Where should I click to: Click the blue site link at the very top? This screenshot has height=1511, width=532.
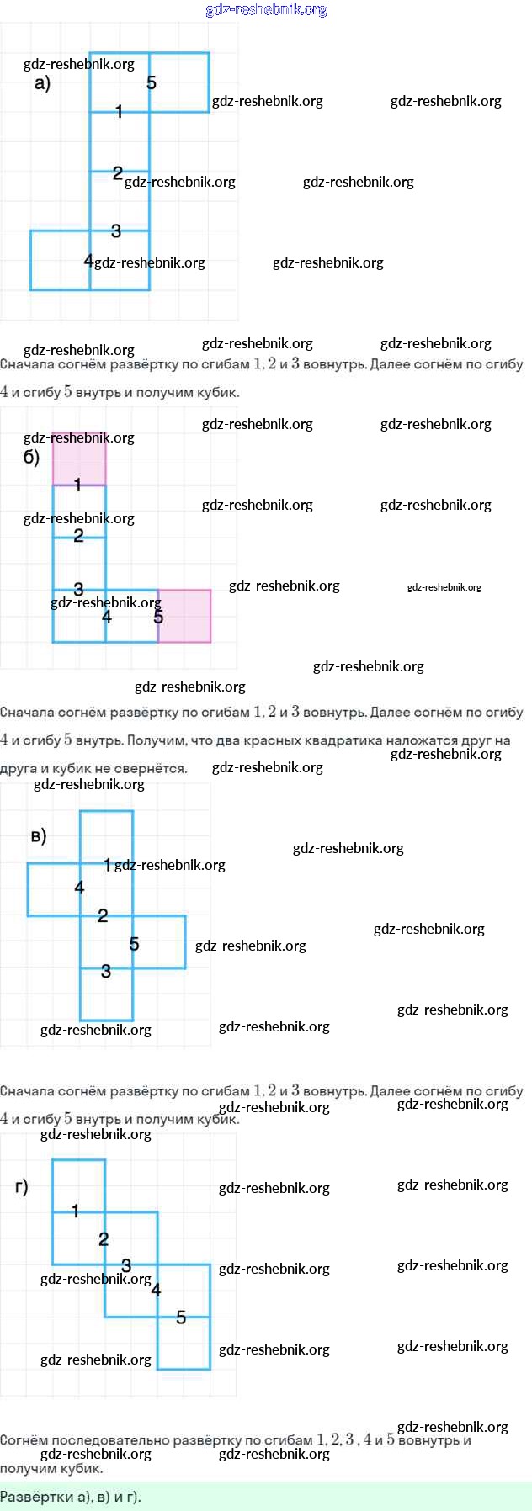tap(266, 9)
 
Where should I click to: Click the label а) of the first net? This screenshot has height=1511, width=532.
tap(42, 83)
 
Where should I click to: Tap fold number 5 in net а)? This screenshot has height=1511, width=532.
tap(152, 82)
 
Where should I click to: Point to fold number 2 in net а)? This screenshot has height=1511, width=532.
tap(117, 172)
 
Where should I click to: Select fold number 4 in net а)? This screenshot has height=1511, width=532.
tap(88, 261)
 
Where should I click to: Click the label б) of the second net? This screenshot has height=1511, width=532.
tap(31, 458)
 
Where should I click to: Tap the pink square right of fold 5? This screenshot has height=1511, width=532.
tap(185, 617)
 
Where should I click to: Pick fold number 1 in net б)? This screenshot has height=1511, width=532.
tap(77, 485)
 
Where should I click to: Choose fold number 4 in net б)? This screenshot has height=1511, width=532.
tap(106, 617)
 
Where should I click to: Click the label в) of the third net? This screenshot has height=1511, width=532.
tap(38, 835)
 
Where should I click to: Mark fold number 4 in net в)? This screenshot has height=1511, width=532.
tap(79, 888)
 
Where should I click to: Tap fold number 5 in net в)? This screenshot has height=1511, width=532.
tap(134, 944)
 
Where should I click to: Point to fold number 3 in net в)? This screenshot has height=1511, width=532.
tap(106, 972)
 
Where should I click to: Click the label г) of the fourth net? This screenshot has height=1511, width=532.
tap(21, 1186)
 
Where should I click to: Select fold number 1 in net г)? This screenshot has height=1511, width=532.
tap(75, 1211)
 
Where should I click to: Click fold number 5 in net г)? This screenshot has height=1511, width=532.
tap(181, 1317)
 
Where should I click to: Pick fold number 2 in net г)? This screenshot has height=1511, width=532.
tap(104, 1239)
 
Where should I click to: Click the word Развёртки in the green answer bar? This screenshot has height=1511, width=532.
tap(29, 1497)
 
